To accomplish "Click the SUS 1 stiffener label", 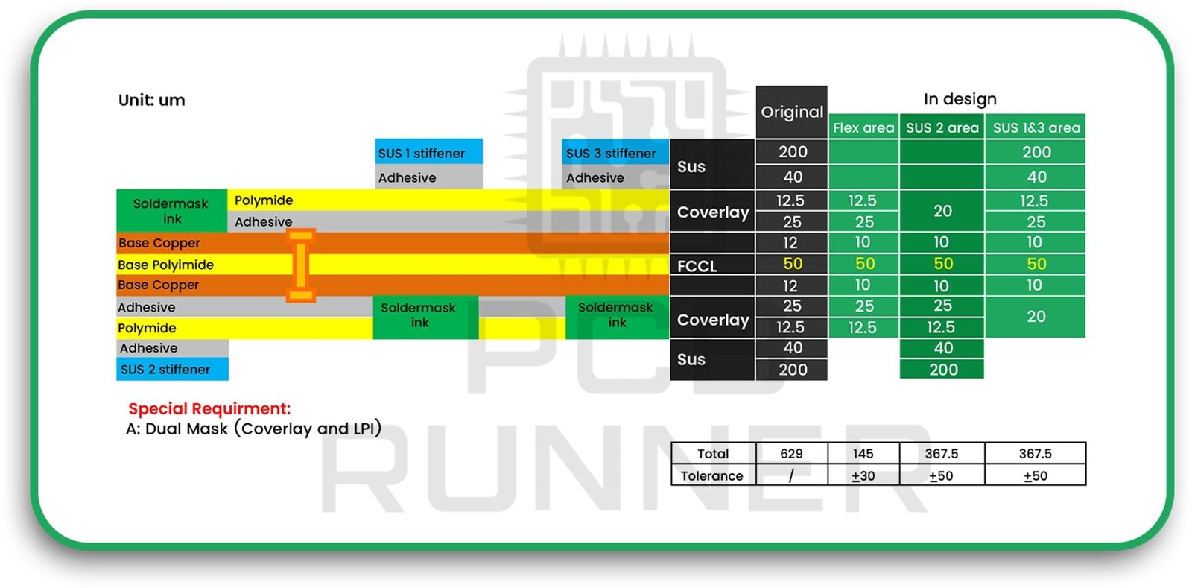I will click(x=422, y=153).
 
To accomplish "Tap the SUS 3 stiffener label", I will click(x=611, y=153).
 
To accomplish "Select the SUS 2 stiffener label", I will click(x=165, y=369).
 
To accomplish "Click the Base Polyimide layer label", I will click(x=165, y=265).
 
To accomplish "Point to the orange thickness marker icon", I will click(x=301, y=265).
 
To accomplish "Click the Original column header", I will click(x=792, y=112).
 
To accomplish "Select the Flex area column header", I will click(x=863, y=127).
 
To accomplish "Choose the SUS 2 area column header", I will click(x=942, y=127).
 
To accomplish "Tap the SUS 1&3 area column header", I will click(x=1036, y=127).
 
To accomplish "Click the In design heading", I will click(x=960, y=99).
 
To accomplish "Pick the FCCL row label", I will click(x=697, y=266).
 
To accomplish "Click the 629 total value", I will click(x=791, y=453).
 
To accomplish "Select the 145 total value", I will click(x=863, y=453).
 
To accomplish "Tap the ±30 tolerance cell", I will click(x=863, y=475).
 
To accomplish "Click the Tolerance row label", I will click(x=712, y=475).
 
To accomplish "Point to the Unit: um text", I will click(x=152, y=100).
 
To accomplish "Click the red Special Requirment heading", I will click(x=209, y=408).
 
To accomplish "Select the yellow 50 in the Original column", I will click(x=793, y=264).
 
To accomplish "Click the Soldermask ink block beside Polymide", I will click(x=171, y=211).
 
